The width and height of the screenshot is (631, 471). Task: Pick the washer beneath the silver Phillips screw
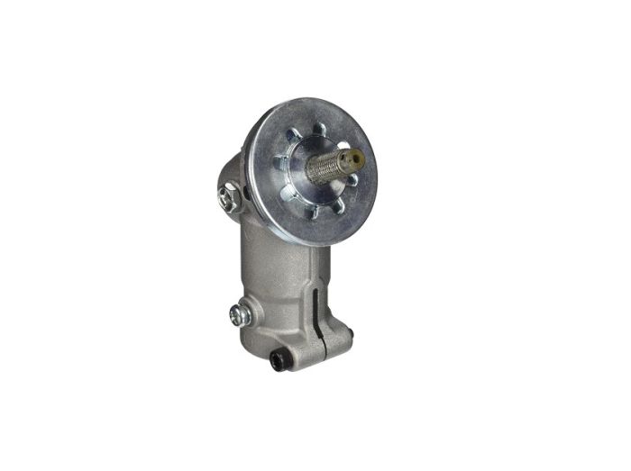(244, 316)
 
